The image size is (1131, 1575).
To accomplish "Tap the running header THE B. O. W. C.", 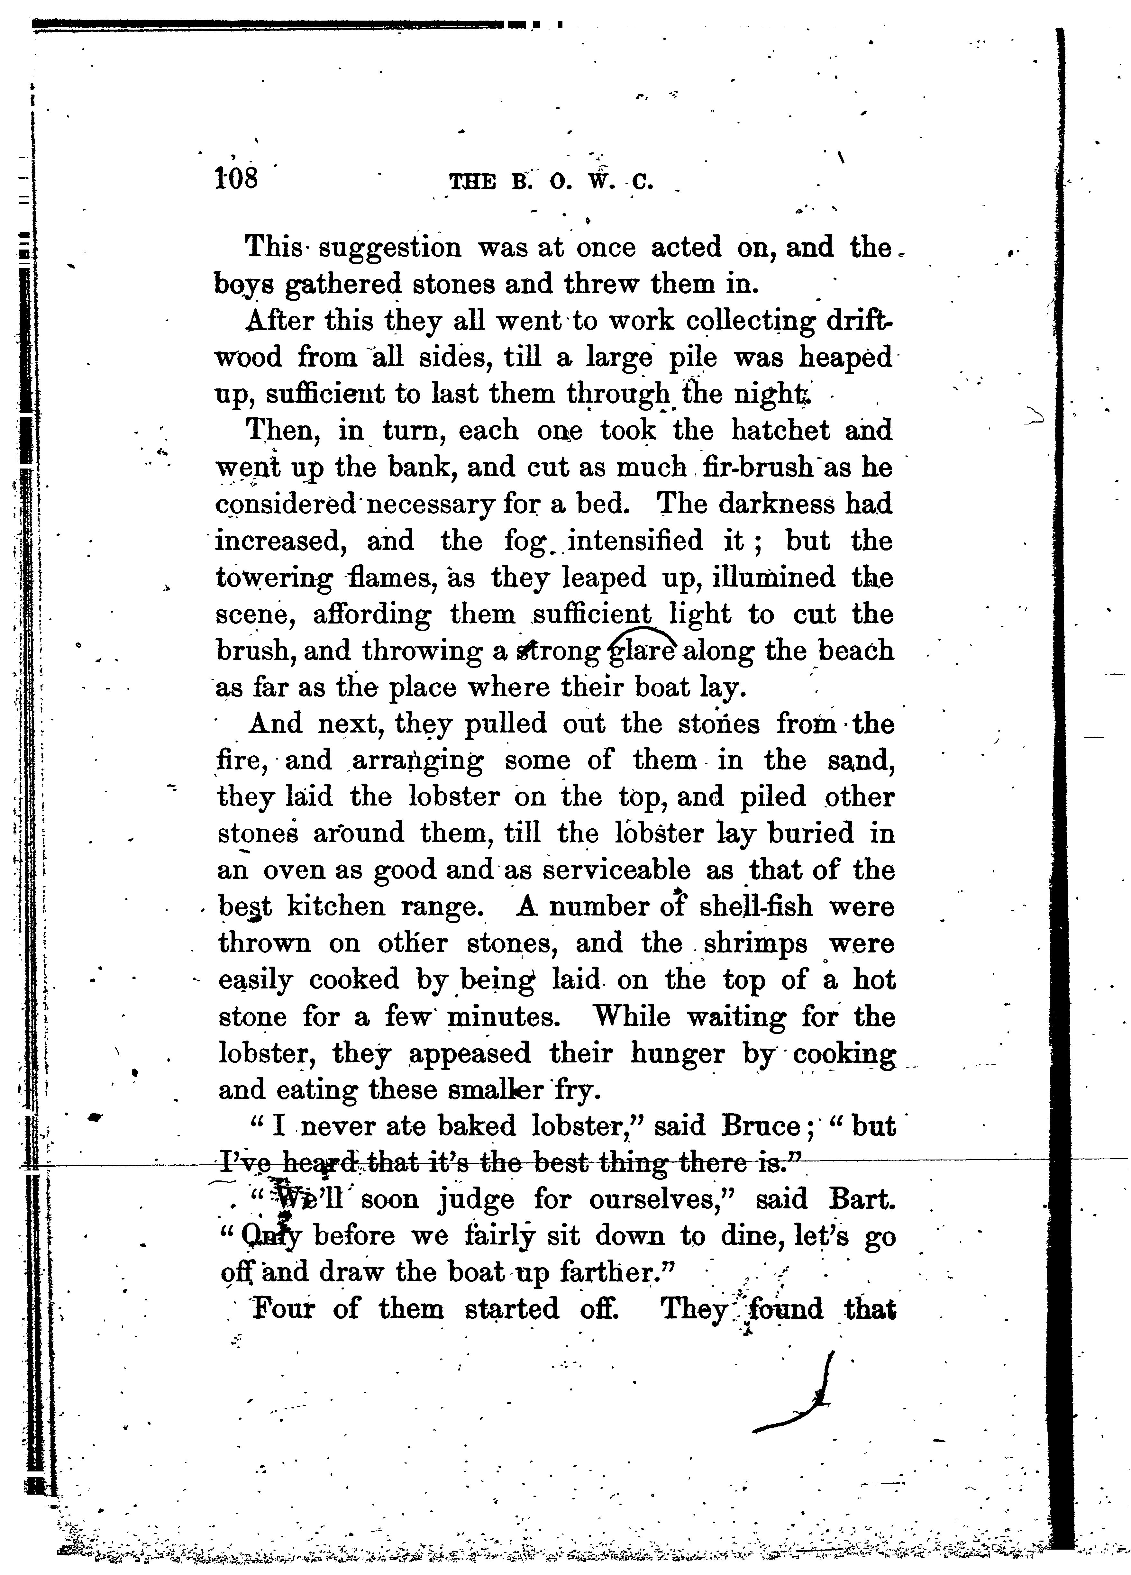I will [552, 183].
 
